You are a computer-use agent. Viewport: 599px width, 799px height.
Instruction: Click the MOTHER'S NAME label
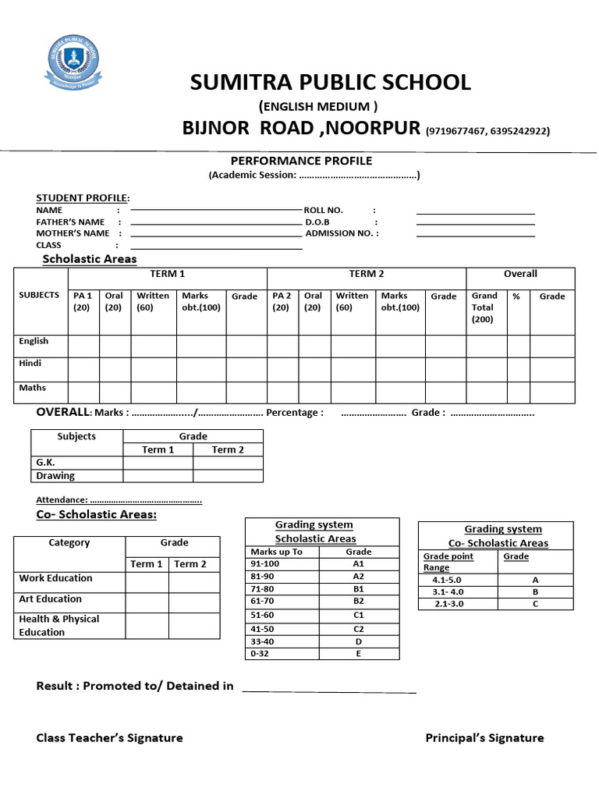73,233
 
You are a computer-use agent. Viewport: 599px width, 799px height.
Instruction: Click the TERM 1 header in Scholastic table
168,275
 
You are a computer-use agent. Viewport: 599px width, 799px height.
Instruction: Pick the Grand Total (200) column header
484,307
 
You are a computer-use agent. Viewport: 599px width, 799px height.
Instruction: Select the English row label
34,341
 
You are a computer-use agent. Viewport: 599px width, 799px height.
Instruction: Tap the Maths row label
33,388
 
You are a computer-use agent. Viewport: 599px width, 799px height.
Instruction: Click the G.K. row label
45,462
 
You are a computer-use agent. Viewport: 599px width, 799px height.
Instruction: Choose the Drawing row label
55,475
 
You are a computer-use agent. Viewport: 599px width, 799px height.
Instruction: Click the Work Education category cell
55,578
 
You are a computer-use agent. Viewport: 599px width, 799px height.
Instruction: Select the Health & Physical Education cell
59,625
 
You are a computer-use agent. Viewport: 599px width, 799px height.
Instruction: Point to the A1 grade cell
359,563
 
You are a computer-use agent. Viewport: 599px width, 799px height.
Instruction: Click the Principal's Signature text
484,738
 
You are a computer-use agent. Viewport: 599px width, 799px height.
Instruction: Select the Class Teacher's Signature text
109,738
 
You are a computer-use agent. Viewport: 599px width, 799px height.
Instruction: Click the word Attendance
61,499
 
